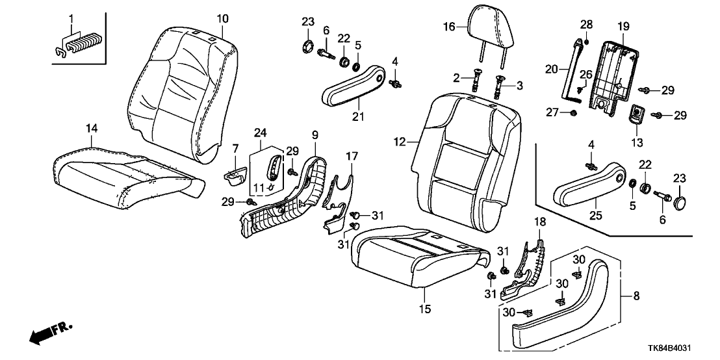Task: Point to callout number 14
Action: pos(92,130)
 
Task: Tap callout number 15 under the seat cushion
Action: pos(424,309)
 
